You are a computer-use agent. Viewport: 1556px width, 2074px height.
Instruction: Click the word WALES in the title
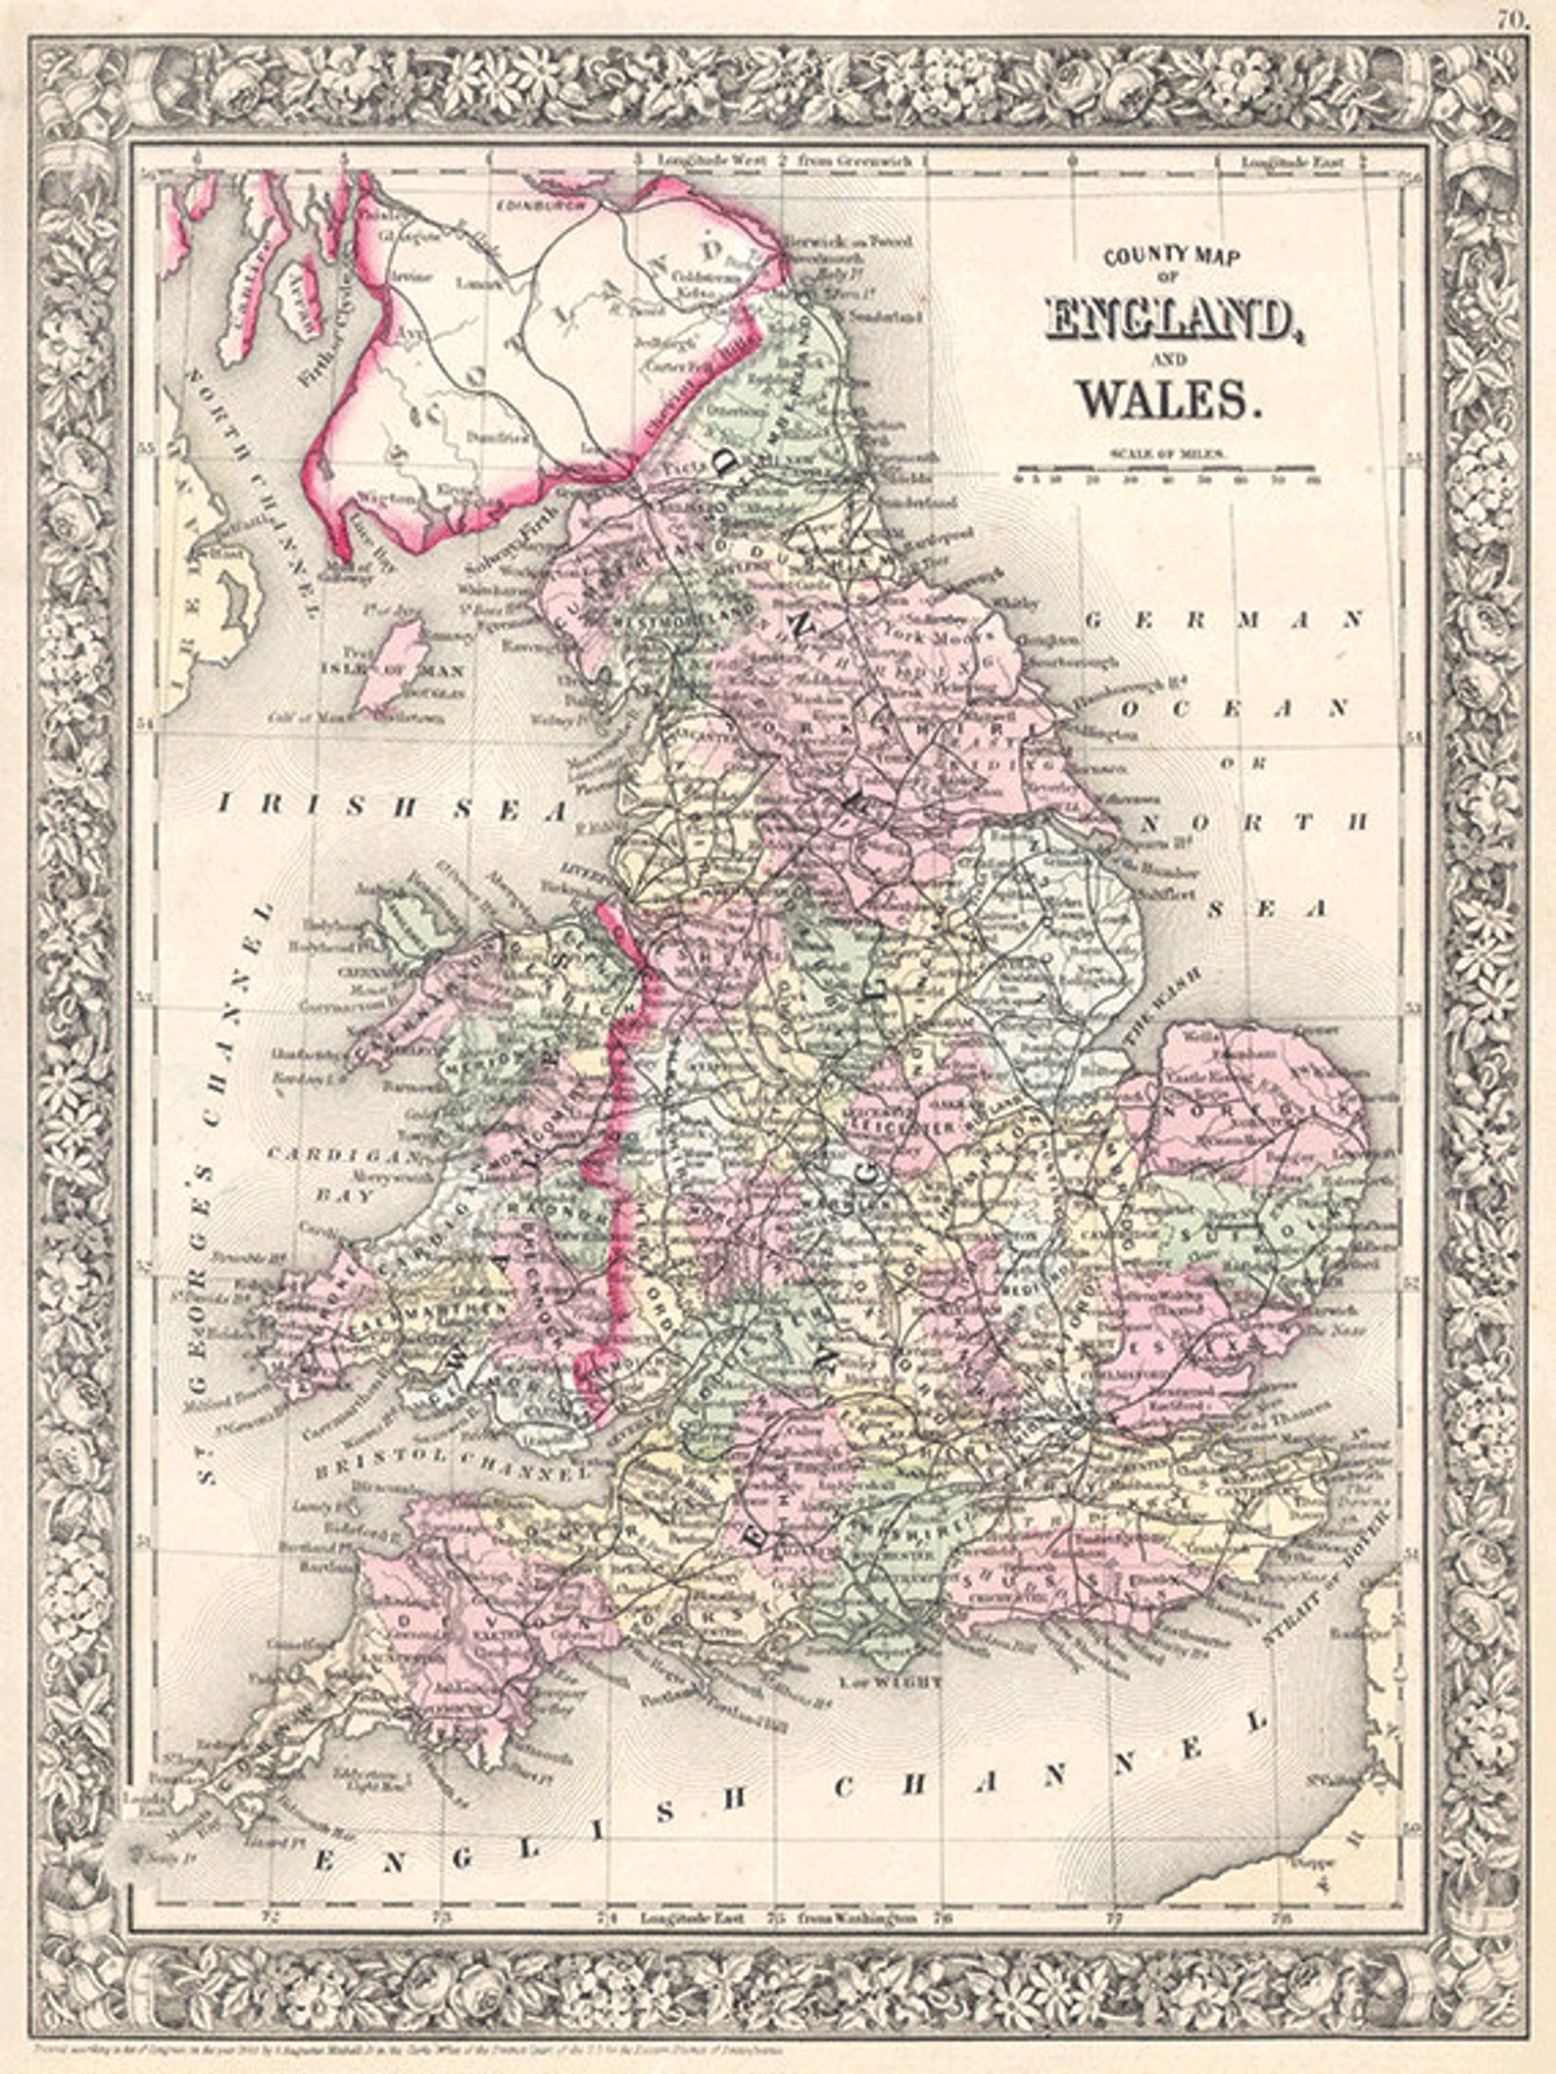pos(1167,399)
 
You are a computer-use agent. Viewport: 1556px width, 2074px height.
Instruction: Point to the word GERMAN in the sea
pos(1225,619)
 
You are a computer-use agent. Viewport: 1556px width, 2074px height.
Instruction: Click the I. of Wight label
pos(891,1680)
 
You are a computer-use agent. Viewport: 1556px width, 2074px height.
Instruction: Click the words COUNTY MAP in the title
pos(1172,257)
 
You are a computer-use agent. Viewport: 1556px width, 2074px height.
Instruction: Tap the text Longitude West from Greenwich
pos(784,160)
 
